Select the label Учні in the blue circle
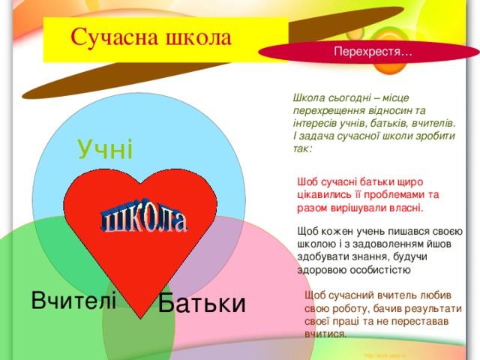(x=105, y=149)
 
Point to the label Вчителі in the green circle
(x=73, y=301)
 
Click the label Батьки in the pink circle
(x=202, y=304)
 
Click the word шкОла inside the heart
(x=145, y=217)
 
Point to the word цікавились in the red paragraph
(x=321, y=193)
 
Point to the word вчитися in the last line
(x=324, y=334)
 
